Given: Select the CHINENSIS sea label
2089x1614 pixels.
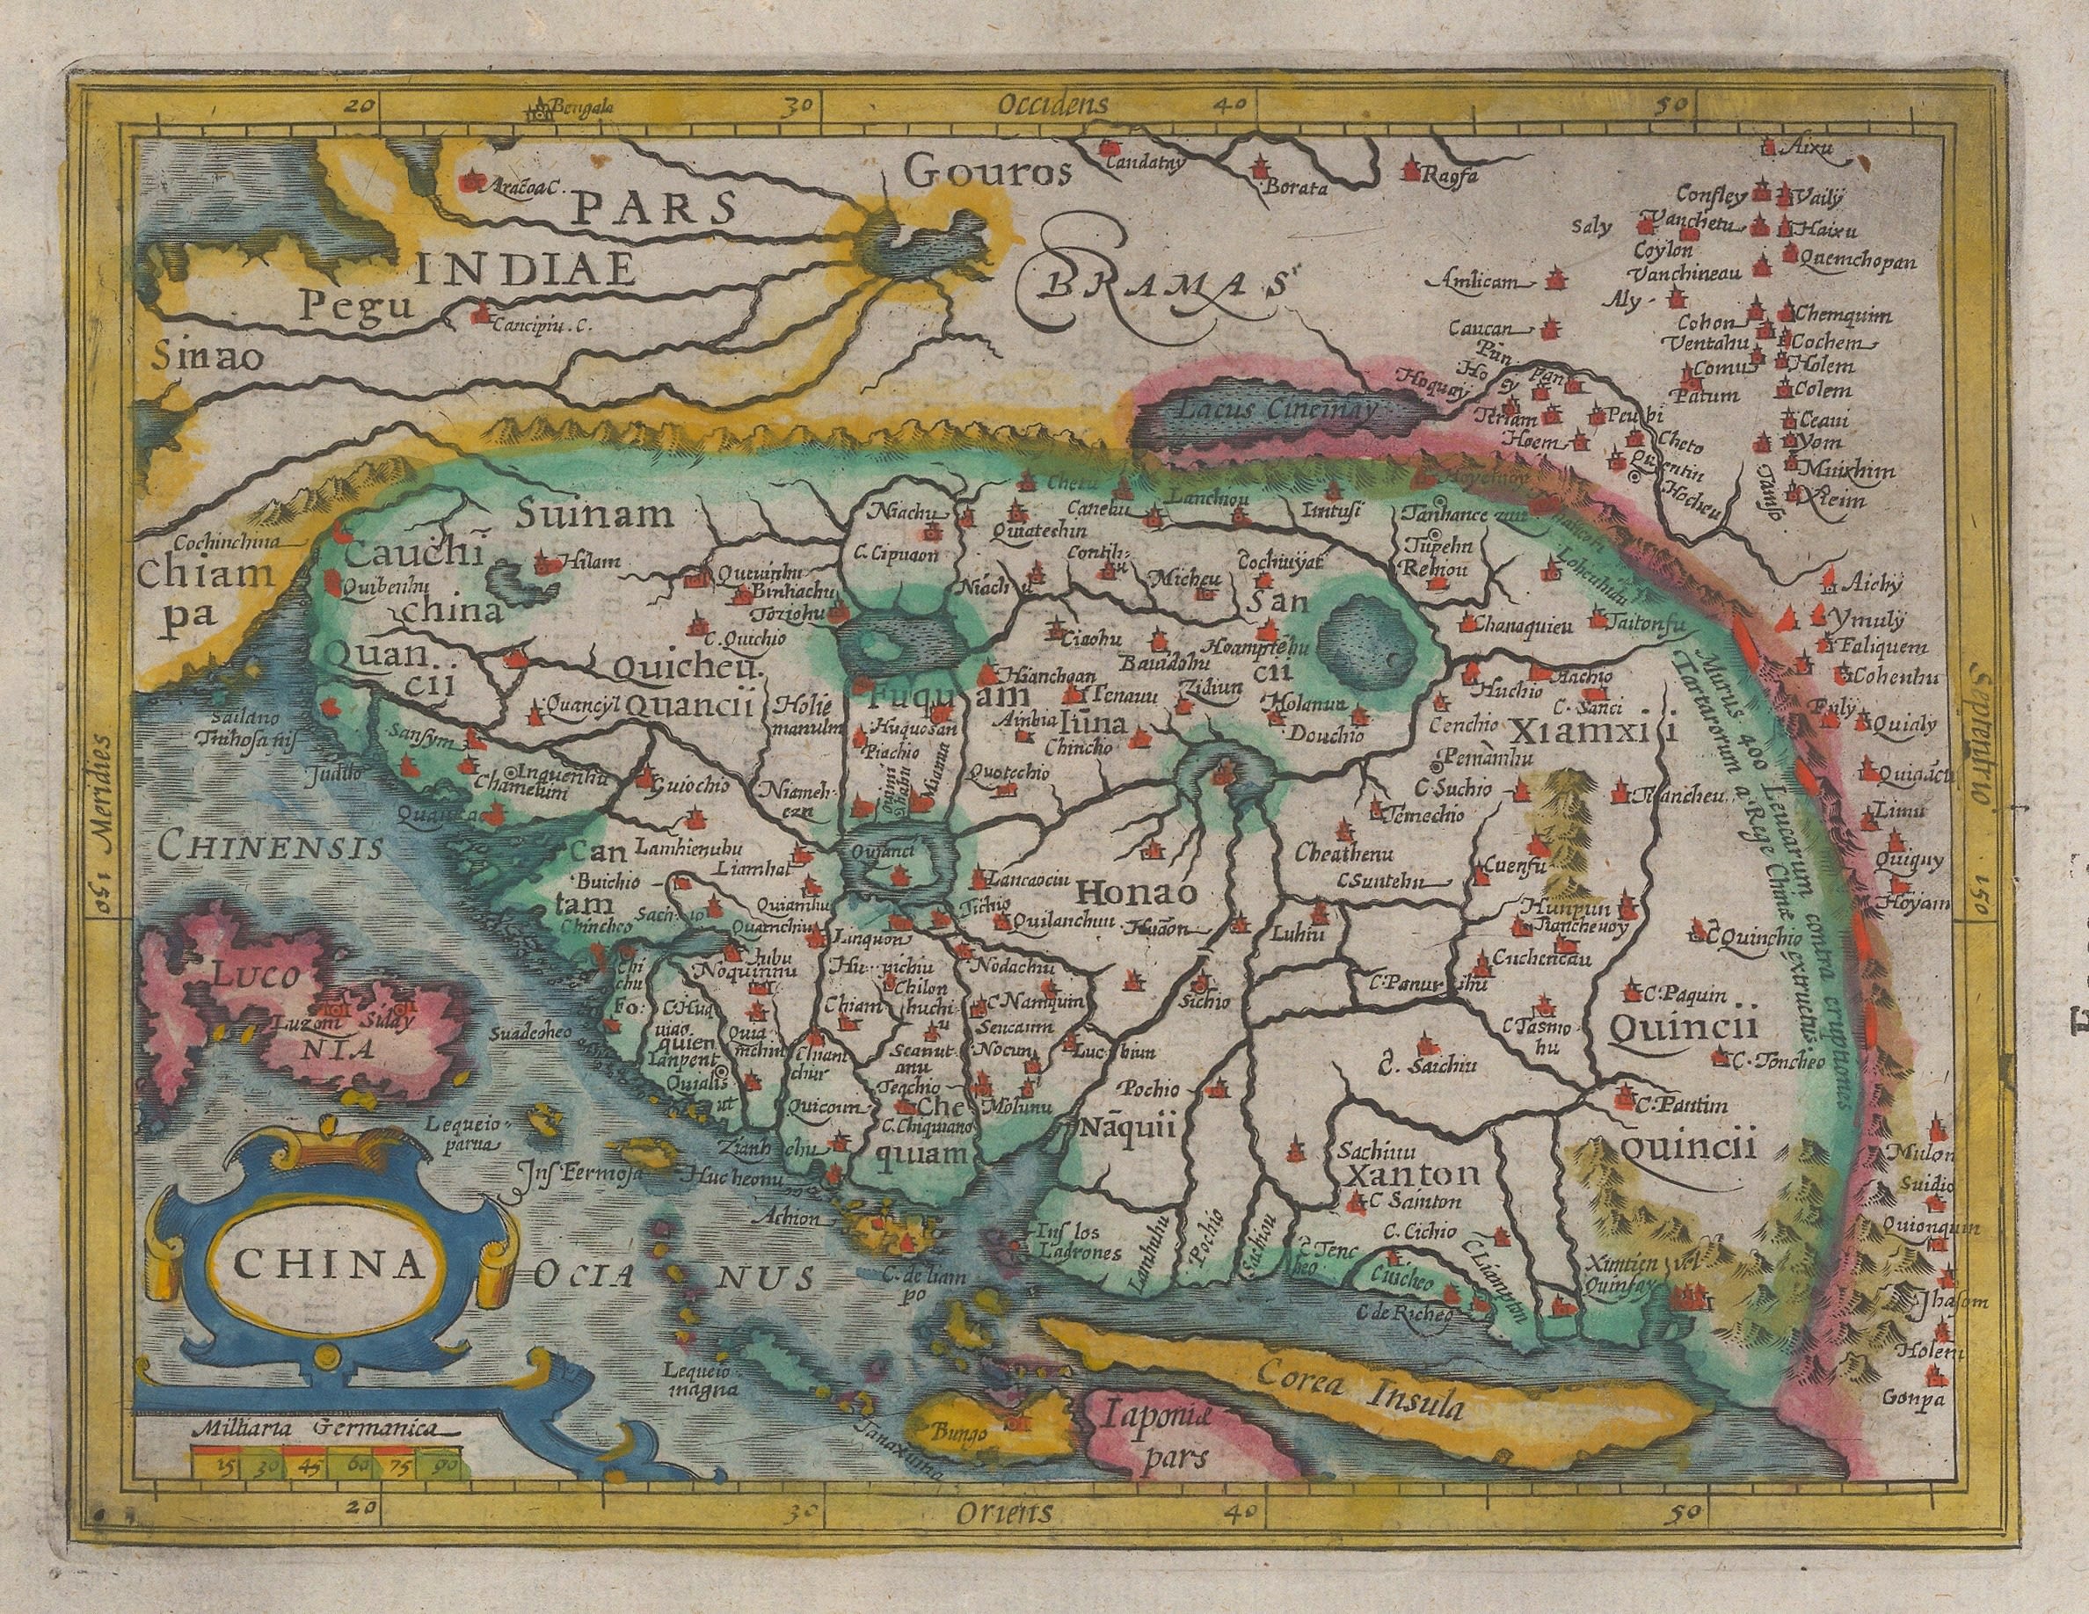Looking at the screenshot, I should pos(271,846).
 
